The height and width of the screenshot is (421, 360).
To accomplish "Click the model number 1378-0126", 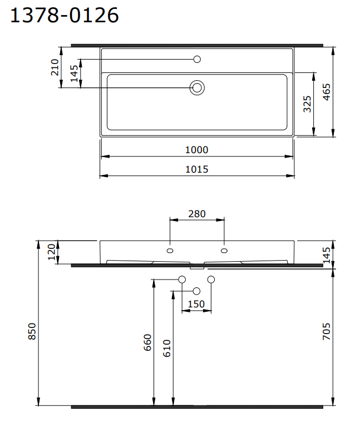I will point(65,15).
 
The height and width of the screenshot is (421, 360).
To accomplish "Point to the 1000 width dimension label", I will point(196,150).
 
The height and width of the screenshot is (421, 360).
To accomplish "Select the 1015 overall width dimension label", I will point(196,169).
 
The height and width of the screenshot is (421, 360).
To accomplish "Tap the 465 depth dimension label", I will point(327,92).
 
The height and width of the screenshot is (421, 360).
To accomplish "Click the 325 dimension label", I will point(307,104).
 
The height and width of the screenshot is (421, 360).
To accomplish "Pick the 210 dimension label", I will point(55,67).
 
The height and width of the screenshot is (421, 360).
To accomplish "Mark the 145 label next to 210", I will point(74,73).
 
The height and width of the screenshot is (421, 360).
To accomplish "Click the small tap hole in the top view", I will point(197,59).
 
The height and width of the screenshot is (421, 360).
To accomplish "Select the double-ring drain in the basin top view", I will point(197,87).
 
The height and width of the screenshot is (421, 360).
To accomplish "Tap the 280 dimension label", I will point(197,213).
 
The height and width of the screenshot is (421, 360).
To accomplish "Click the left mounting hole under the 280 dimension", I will point(170,249).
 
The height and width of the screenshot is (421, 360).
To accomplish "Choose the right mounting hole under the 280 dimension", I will point(224,249).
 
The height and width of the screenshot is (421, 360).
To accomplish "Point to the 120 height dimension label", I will point(52,252).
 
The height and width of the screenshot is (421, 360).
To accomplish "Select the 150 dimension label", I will point(196,304).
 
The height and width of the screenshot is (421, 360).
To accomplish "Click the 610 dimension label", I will point(167,347).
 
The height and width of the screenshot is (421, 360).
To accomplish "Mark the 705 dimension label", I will point(327,333).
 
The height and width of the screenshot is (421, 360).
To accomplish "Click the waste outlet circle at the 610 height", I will point(196,291).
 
